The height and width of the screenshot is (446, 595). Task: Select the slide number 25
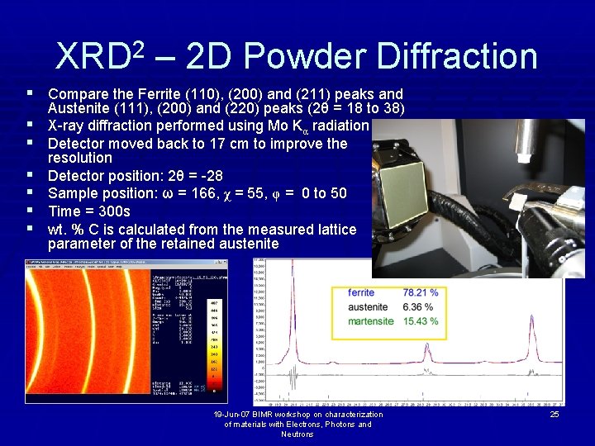pyautogui.click(x=555, y=414)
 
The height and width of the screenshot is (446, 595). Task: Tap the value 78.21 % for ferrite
pyautogui.click(x=420, y=292)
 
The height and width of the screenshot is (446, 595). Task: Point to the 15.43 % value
pyautogui.click(x=420, y=320)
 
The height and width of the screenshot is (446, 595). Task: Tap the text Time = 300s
pyautogui.click(x=89, y=211)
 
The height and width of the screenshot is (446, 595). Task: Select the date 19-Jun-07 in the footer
pyautogui.click(x=235, y=414)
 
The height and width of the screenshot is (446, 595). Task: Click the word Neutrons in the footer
pyautogui.click(x=297, y=434)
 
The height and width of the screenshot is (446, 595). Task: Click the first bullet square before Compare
pyautogui.click(x=31, y=94)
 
